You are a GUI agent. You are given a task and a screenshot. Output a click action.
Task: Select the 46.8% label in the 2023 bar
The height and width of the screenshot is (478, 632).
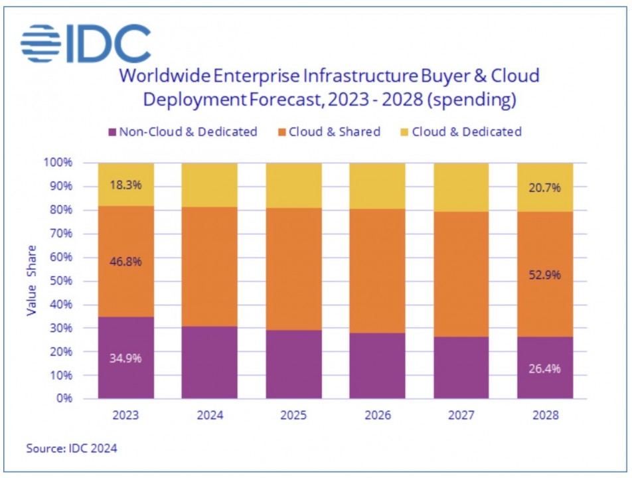pyautogui.click(x=125, y=261)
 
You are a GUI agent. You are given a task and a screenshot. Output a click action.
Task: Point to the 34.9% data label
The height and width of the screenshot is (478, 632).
pyautogui.click(x=125, y=358)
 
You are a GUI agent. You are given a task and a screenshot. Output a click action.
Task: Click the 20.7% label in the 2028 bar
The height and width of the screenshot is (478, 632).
pyautogui.click(x=544, y=187)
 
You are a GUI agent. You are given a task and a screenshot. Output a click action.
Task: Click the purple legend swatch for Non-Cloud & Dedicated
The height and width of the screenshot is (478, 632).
pyautogui.click(x=111, y=132)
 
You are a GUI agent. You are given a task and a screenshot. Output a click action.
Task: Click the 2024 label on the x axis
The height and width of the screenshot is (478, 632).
pyautogui.click(x=210, y=416)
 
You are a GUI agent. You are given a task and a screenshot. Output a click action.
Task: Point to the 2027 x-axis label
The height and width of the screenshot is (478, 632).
pyautogui.click(x=461, y=416)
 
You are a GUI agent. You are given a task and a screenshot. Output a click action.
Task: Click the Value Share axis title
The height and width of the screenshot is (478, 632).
pyautogui.click(x=32, y=280)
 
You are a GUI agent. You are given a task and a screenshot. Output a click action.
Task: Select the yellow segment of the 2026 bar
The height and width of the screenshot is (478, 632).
pyautogui.click(x=377, y=186)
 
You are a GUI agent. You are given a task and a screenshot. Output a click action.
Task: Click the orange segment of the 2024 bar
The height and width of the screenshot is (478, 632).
pyautogui.click(x=210, y=266)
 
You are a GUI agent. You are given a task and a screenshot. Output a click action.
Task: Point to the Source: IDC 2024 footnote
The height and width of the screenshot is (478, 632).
pyautogui.click(x=72, y=449)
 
